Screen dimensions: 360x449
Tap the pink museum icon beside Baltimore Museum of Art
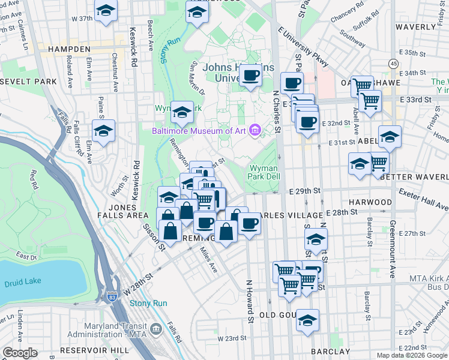[256, 130]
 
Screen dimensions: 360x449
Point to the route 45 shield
[393, 63]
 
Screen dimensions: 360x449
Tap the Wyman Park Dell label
[264, 173]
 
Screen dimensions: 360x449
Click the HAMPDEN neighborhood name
[69, 49]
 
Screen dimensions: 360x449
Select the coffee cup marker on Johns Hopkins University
[251, 76]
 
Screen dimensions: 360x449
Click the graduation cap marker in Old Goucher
[308, 320]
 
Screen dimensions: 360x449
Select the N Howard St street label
[250, 300]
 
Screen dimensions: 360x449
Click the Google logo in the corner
[20, 353]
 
